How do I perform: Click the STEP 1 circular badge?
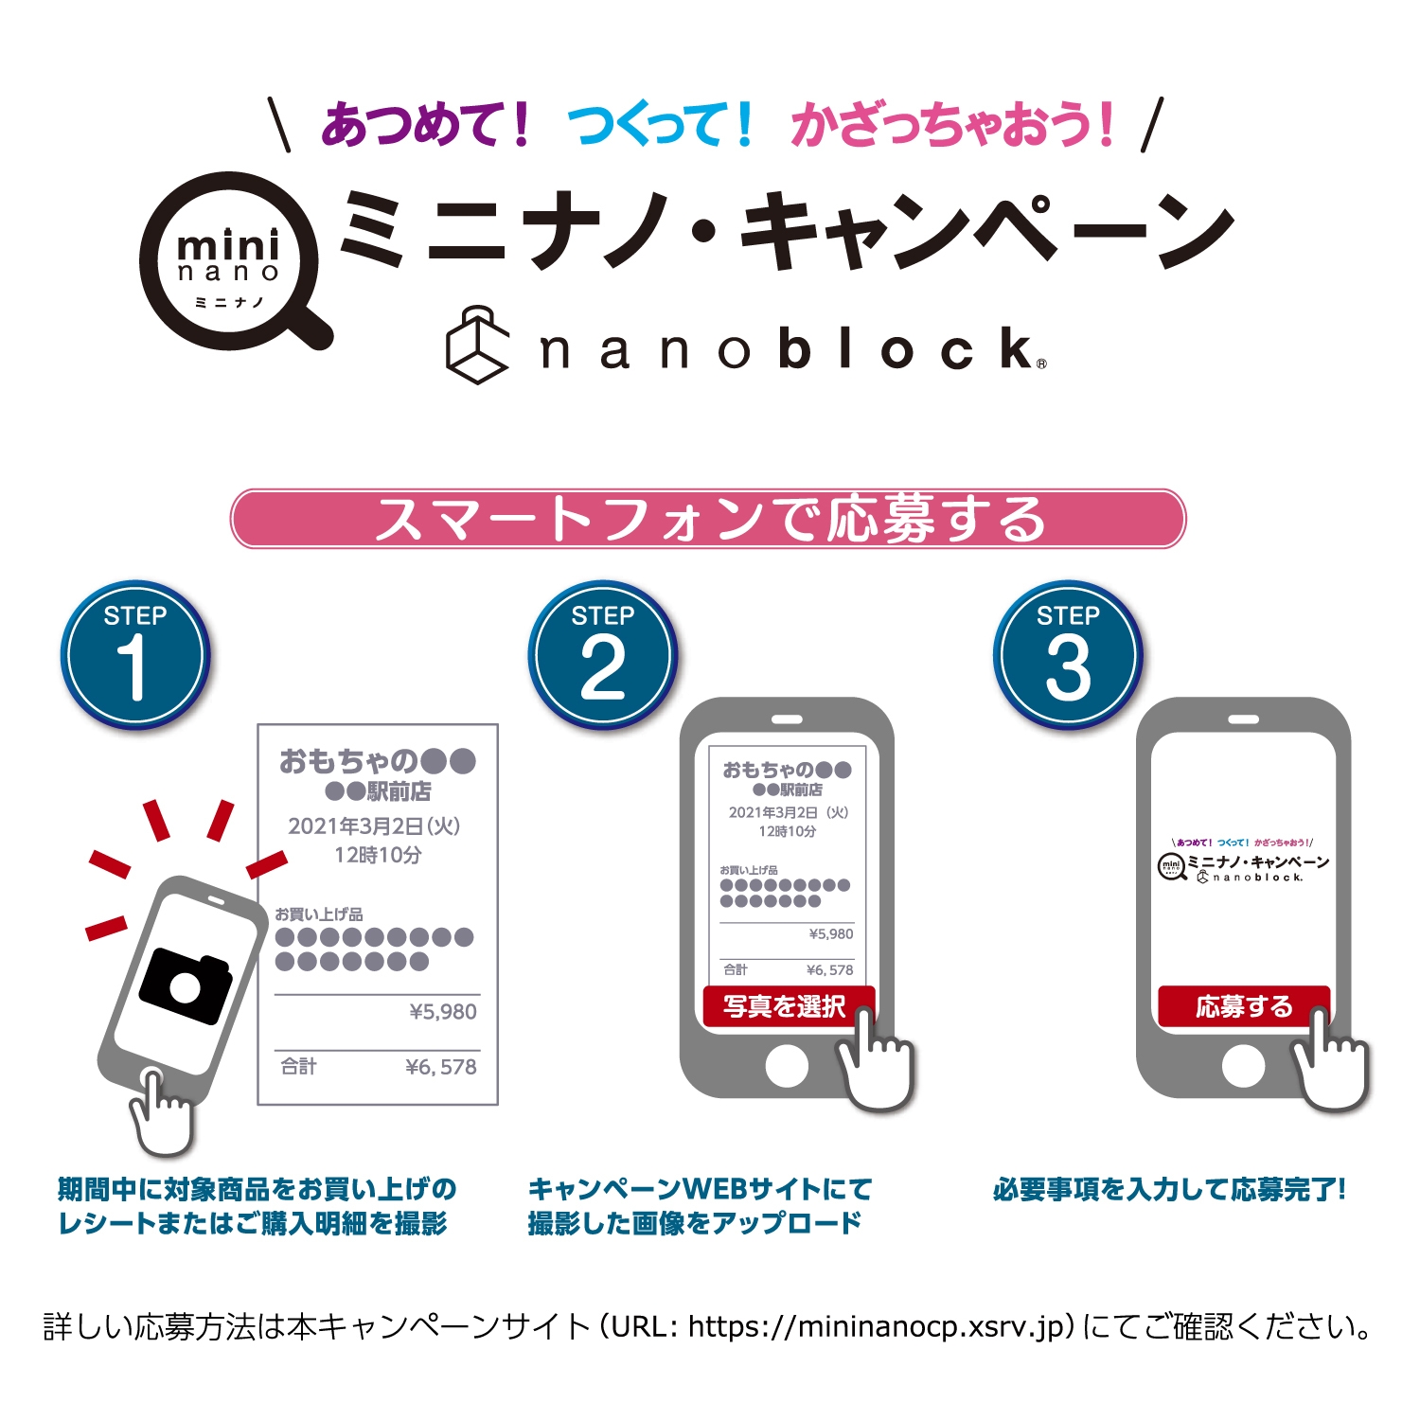coord(134,654)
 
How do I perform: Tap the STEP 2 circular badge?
coord(602,654)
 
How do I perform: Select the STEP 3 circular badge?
coord(1068,654)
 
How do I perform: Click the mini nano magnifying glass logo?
coord(229,261)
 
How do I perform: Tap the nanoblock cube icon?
coord(477,346)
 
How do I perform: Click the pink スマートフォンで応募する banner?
coord(708,519)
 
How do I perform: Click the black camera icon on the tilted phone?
coord(186,985)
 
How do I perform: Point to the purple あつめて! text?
coord(426,126)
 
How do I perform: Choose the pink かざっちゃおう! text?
coord(952,126)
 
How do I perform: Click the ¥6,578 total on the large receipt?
coord(440,1067)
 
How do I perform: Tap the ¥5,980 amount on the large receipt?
coord(443,1012)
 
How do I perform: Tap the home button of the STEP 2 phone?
coord(787,1067)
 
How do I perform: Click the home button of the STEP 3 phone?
coord(1243,1067)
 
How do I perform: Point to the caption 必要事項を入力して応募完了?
coord(1169,1190)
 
